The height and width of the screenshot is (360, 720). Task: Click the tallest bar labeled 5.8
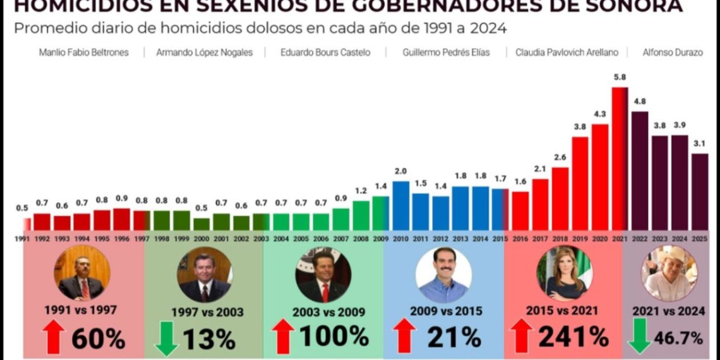tap(620, 158)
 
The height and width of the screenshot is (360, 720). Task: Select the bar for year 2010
tap(400, 205)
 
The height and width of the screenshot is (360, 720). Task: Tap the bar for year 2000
tap(201, 224)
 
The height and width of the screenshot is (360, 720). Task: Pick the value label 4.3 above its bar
tap(599, 114)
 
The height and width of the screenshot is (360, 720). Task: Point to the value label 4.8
tap(639, 102)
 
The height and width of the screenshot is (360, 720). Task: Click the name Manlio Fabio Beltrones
tap(83, 52)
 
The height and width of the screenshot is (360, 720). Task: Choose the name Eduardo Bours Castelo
tap(325, 52)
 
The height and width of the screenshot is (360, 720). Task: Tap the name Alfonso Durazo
tap(672, 52)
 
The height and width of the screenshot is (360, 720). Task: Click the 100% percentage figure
tap(334, 336)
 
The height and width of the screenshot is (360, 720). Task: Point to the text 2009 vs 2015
tap(446, 311)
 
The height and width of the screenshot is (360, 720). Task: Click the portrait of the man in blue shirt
tap(443, 275)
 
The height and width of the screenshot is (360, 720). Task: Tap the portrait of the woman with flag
tap(563, 273)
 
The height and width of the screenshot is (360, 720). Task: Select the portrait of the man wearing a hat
tap(669, 273)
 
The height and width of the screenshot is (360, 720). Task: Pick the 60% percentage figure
tap(98, 339)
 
